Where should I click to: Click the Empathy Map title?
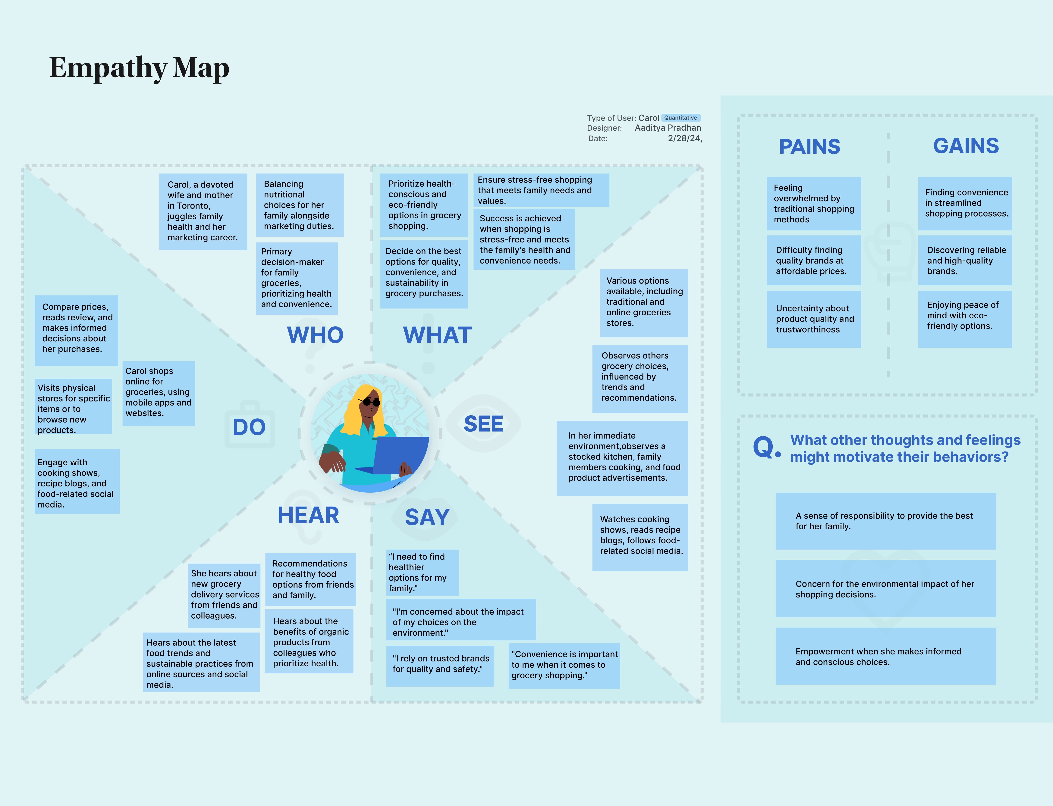click(x=139, y=68)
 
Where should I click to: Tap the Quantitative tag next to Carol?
click(x=681, y=117)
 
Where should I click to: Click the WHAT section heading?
click(x=437, y=335)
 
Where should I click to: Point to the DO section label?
click(x=249, y=427)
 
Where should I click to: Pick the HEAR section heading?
click(x=308, y=515)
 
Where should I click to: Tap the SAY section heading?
click(x=427, y=517)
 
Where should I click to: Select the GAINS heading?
click(x=966, y=146)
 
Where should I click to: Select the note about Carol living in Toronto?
click(x=203, y=211)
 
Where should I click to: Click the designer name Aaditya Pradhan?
click(x=668, y=128)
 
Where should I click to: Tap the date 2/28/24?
click(x=684, y=138)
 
